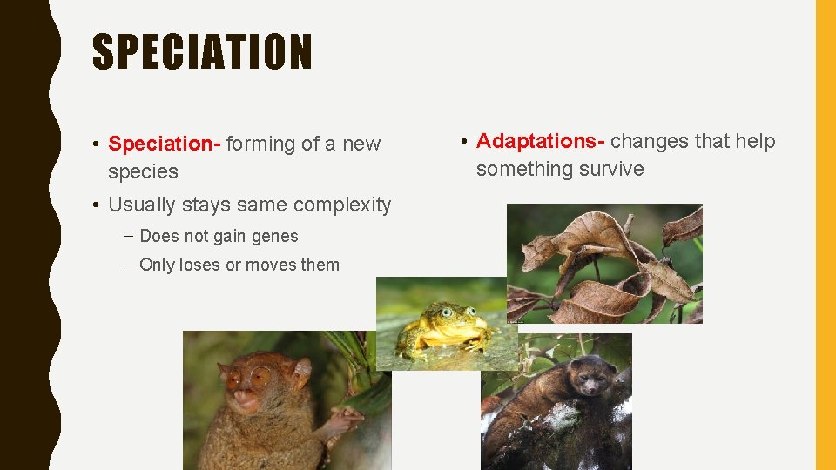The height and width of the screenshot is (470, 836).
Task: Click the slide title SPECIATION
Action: point(202,52)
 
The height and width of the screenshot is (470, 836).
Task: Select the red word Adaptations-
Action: point(541,141)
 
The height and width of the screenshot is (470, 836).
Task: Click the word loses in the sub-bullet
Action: point(199,265)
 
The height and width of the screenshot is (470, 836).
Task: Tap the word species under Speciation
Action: point(143,171)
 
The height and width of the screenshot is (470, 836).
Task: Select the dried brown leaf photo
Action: point(604,263)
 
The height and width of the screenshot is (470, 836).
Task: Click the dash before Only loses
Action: point(128,265)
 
